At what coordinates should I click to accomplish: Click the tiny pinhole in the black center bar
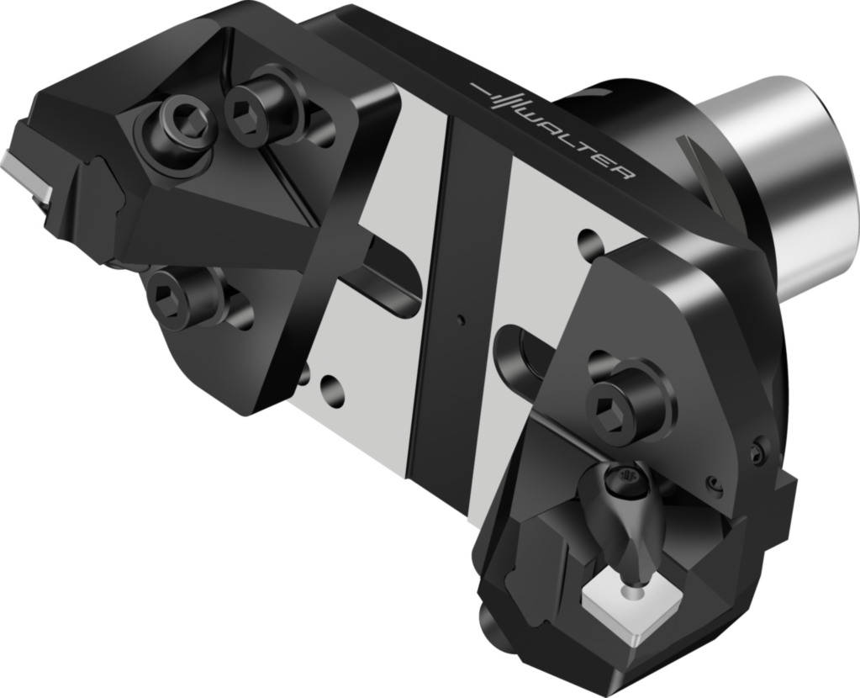tap(460, 318)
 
